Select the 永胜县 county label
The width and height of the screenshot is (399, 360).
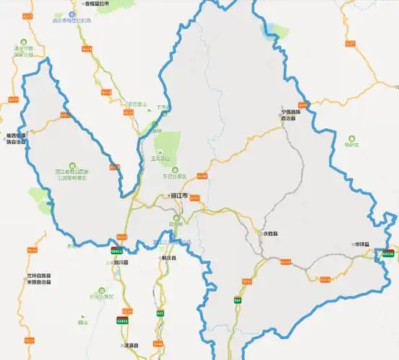[271, 234]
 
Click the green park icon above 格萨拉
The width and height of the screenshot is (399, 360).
[351, 137]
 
